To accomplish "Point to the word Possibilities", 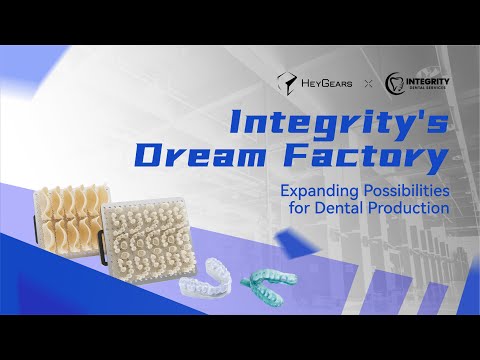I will [395, 190].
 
